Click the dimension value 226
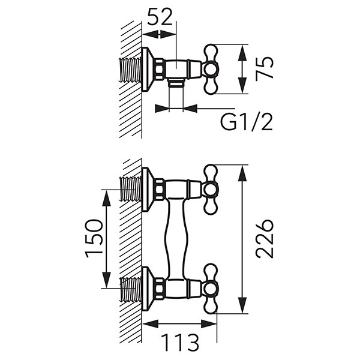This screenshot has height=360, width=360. coord(265,239)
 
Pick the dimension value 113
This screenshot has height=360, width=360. coord(179,343)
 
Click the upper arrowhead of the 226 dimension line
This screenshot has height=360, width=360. coord(242,170)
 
